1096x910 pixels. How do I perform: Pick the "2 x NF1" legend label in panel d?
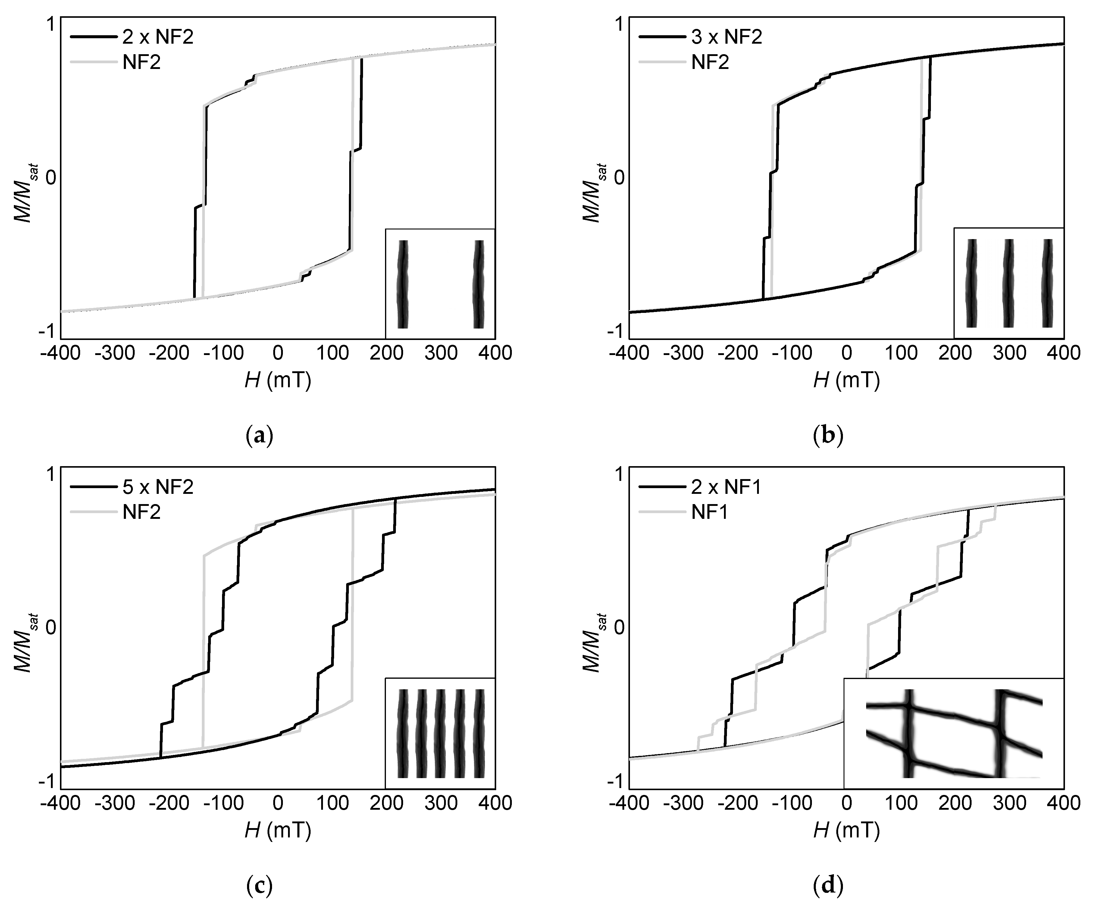point(726,487)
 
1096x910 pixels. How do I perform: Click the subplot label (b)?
point(828,435)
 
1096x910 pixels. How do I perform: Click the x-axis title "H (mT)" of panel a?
point(278,382)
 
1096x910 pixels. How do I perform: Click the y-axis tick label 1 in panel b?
point(619,24)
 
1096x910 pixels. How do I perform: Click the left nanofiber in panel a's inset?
point(402,284)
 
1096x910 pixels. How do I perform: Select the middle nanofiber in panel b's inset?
point(1008,283)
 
